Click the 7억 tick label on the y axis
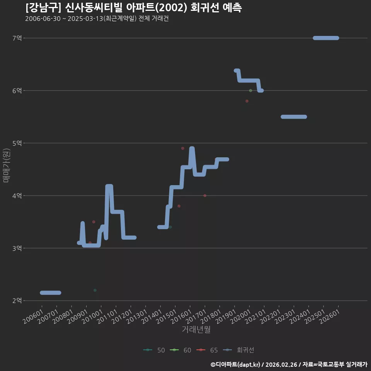tap(17, 38)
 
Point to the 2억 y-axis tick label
tap(17, 301)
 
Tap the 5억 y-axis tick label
tap(17, 143)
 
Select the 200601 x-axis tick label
tap(33, 317)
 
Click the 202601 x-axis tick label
tap(329, 317)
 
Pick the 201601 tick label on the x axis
tap(181, 317)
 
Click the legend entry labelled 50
tap(154, 350)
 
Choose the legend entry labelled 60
tap(180, 350)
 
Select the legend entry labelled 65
tap(207, 350)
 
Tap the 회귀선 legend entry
tap(238, 350)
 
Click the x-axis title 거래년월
tap(196, 329)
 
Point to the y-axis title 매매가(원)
tap(6, 165)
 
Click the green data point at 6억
tap(250, 90)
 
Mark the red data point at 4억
tap(205, 196)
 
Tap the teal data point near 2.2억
tap(95, 290)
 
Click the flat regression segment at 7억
tap(326, 38)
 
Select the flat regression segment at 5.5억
tap(294, 117)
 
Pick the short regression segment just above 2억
tap(50, 293)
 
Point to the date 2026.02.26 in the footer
tap(281, 364)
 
